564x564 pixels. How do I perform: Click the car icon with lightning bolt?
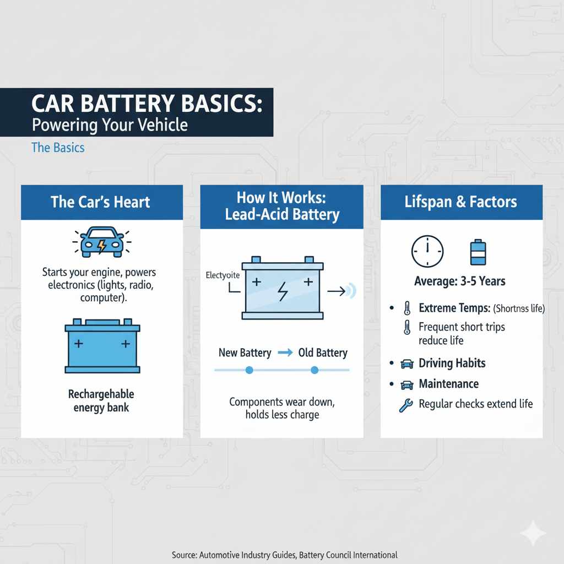[102, 243]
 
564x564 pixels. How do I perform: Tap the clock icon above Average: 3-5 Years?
[427, 252]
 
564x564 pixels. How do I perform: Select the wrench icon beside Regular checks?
[405, 405]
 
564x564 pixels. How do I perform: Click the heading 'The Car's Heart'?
[100, 202]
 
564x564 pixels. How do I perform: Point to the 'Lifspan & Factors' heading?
[461, 202]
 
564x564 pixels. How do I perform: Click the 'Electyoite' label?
[223, 274]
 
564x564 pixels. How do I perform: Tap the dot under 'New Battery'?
[249, 370]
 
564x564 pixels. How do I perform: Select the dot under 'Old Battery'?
[314, 370]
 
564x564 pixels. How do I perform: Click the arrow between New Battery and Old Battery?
[285, 353]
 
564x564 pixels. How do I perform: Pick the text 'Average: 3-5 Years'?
[459, 281]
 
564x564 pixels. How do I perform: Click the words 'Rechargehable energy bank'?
[101, 401]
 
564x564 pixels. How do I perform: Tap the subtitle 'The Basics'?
[58, 148]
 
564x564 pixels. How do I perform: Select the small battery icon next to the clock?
[478, 252]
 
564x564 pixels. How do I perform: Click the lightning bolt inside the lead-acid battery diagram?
[282, 291]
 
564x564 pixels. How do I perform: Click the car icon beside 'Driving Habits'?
[407, 364]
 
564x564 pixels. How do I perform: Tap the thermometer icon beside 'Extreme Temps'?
[407, 308]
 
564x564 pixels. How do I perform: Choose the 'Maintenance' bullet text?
[448, 384]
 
